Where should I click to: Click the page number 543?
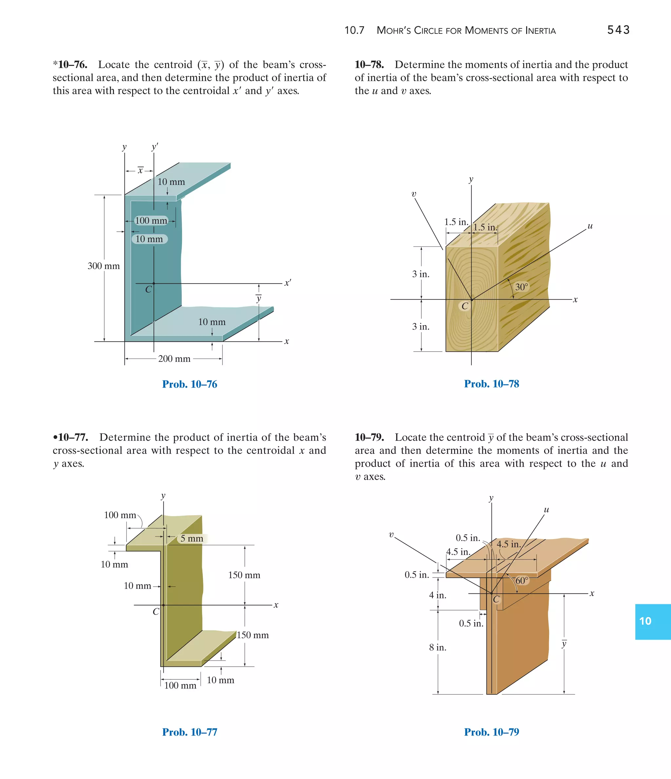pos(618,30)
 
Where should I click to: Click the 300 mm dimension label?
pos(104,266)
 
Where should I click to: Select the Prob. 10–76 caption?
pos(189,384)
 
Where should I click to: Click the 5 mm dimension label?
pos(192,538)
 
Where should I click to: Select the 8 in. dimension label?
pos(438,647)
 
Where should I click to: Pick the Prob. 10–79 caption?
pos(491,732)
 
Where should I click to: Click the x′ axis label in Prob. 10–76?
pos(288,283)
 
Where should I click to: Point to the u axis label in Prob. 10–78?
pos(590,226)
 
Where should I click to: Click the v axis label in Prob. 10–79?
pos(391,535)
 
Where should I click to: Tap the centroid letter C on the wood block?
pos(465,306)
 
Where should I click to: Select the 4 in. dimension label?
pos(438,595)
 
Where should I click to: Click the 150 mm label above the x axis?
pos(244,575)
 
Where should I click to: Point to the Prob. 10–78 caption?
pos(491,383)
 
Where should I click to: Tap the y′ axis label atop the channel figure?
pos(155,147)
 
